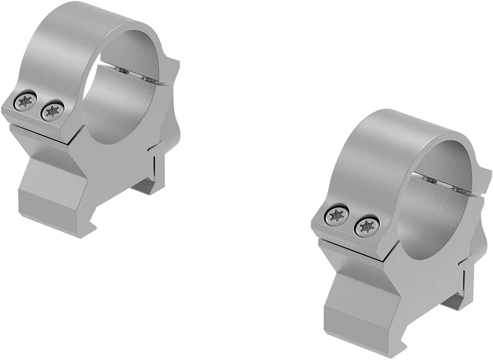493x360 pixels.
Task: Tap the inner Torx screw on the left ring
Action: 52,110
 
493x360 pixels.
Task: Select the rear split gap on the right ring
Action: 449,185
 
